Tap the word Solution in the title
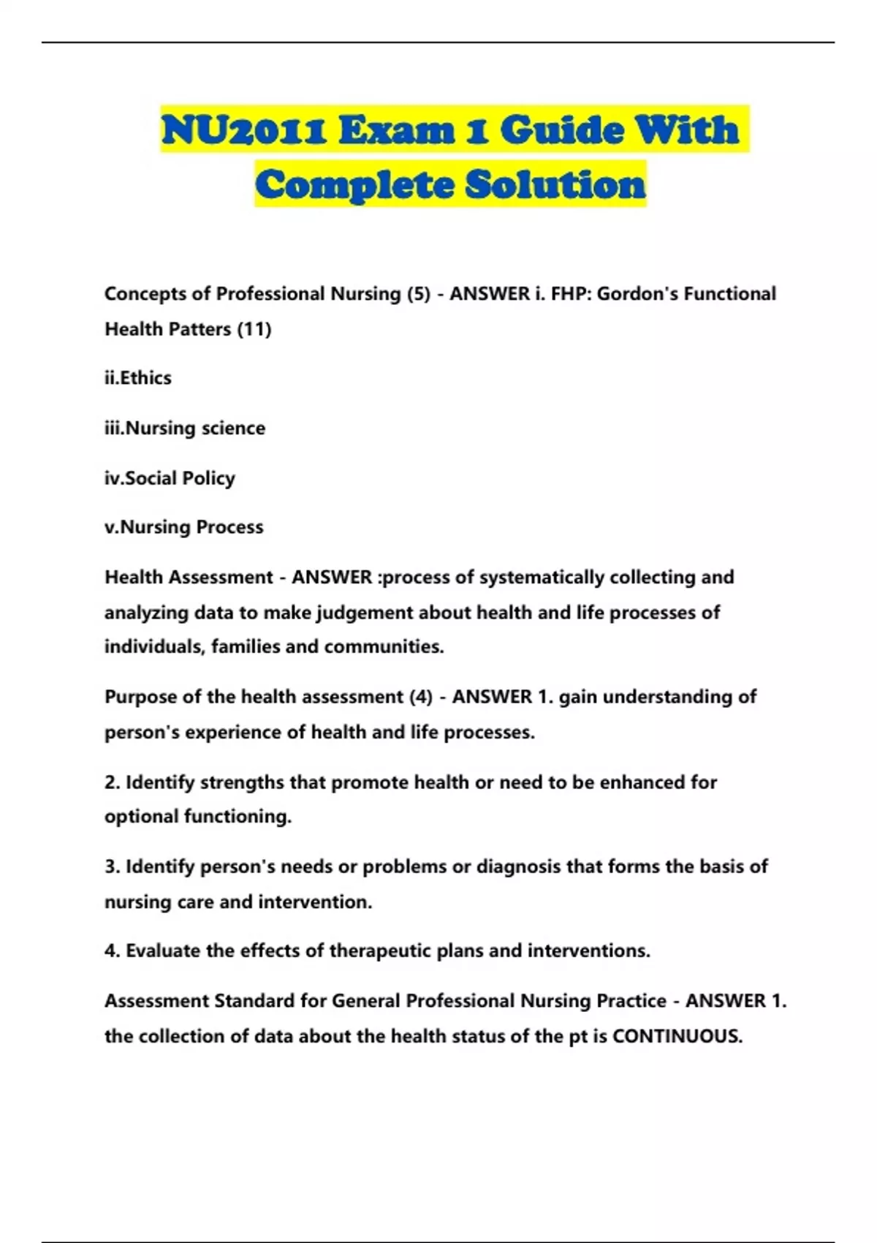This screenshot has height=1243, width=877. point(555,184)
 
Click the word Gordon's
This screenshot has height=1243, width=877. point(629,294)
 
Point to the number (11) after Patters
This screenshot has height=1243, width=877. point(254,329)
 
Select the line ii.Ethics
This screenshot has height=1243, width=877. point(138,378)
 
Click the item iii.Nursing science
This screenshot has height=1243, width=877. point(185,428)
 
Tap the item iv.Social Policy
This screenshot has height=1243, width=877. point(170,478)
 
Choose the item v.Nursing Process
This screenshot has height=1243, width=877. point(184,527)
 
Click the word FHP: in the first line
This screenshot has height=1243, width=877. point(571,294)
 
